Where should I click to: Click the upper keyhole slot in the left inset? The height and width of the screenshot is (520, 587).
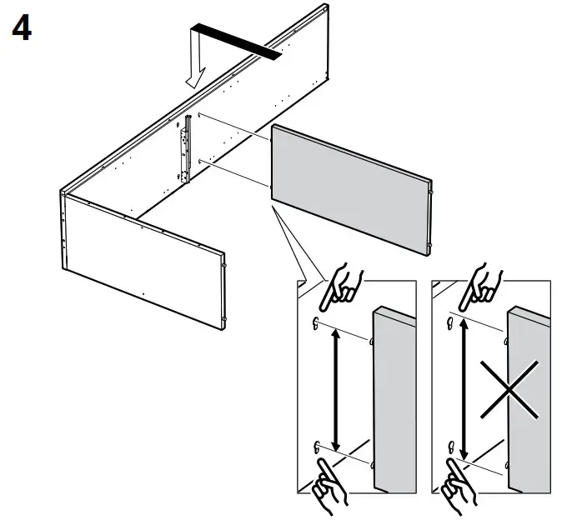[x=316, y=322]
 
